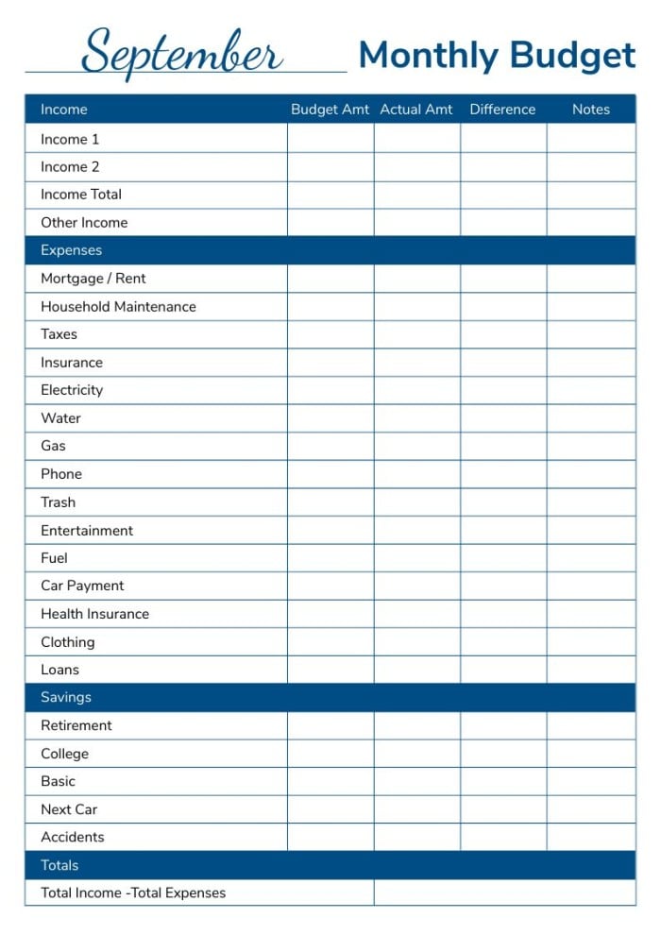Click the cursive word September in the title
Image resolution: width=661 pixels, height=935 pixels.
181,53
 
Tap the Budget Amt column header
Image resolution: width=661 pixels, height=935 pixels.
330,110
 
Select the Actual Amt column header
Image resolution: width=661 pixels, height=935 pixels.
416,110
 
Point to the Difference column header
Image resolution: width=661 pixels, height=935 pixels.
502,110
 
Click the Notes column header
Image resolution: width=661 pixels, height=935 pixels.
591,110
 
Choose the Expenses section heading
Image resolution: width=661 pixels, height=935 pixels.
71,250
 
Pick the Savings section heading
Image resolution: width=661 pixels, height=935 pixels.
66,697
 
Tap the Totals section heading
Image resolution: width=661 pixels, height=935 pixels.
59,865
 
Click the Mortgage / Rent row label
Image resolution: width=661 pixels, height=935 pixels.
93,279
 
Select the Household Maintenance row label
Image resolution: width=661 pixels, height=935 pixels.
118,306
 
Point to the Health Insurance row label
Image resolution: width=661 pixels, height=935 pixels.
94,614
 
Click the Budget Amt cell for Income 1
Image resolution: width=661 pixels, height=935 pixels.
330,139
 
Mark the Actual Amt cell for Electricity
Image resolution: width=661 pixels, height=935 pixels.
416,390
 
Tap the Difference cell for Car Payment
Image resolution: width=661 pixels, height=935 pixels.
503,586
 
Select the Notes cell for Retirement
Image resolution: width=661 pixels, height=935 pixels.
591,725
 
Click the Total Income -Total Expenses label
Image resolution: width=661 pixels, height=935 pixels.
133,892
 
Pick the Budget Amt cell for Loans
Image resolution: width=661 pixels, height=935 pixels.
330,670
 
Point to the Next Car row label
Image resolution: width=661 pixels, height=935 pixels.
69,809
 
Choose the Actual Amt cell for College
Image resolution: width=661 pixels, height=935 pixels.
416,754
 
